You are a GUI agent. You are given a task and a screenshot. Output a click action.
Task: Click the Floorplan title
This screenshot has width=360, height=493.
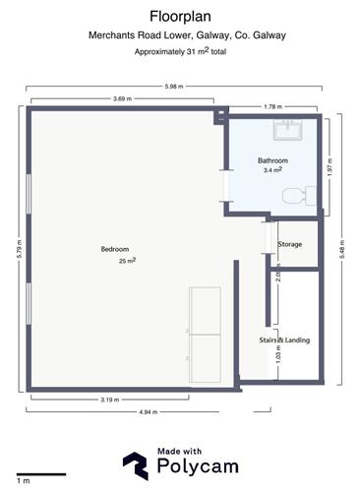tap(180, 17)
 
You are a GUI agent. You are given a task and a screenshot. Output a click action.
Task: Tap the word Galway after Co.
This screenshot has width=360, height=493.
tap(270, 35)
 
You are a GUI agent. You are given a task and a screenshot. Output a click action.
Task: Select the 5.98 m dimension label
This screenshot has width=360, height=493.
tap(174, 87)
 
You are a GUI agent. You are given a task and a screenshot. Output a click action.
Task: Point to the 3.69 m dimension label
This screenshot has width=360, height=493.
tap(122, 98)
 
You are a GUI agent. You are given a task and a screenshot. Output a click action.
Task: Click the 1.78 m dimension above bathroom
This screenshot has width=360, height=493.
tap(272, 106)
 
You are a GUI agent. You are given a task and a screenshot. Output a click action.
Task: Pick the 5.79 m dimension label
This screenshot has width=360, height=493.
tap(20, 249)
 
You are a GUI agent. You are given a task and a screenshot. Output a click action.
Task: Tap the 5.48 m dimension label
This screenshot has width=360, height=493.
tap(342, 250)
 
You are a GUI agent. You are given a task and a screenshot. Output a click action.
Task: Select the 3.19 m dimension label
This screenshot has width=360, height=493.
tap(110, 400)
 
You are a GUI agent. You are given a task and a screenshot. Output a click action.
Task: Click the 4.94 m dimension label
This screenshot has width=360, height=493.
tap(149, 412)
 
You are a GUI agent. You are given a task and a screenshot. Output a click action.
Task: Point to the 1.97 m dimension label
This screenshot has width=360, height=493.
tap(330, 167)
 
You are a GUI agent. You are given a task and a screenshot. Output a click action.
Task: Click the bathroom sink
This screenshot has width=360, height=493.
tap(287, 130)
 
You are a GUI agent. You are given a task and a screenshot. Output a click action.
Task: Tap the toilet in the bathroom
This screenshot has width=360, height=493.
tap(299, 196)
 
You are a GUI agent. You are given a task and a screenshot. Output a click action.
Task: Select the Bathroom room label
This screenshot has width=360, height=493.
tap(272, 160)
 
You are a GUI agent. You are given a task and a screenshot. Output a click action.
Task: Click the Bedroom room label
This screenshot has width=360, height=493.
tap(115, 249)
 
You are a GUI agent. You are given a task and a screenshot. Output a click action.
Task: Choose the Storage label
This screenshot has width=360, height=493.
tap(290, 244)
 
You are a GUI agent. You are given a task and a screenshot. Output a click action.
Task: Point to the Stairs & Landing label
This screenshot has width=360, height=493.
tap(284, 340)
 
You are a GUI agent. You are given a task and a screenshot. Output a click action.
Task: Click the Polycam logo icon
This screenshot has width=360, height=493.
tap(136, 465)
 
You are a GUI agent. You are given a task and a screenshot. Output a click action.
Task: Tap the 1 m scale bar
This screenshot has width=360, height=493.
tap(41, 474)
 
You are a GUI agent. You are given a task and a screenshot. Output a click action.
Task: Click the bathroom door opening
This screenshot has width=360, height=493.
tap(226, 186)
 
